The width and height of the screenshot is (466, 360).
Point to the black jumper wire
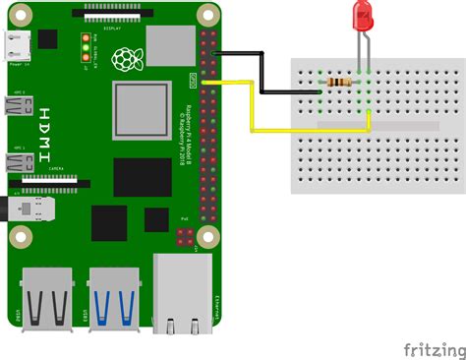pos(261,74)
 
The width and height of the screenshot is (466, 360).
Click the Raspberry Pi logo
pos(124,62)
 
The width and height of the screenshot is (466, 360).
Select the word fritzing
pos(434,348)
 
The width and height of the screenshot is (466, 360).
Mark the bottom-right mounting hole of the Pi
pos(206,237)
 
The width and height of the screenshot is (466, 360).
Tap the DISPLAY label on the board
pos(112,29)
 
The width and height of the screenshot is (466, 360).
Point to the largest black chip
pos(143,177)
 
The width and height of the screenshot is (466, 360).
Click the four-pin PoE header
pos(185,236)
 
